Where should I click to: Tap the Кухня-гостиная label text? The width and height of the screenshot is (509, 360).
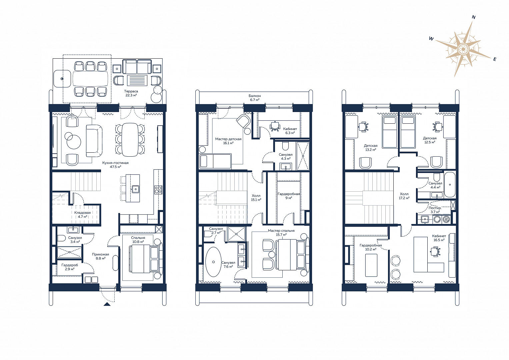click(115, 163)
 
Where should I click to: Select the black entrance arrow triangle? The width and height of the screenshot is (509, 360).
click(107, 304)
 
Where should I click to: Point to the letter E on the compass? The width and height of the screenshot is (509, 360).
click(495, 59)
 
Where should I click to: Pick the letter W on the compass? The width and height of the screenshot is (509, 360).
click(431, 39)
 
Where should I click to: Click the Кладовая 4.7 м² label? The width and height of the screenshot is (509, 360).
click(82, 215)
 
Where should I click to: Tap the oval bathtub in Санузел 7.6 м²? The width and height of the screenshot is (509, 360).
click(213, 262)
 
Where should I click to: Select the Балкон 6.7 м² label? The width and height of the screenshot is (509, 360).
click(255, 98)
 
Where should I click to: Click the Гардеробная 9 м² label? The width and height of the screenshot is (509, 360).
click(289, 196)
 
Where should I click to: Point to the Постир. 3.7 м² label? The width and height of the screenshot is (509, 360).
click(435, 210)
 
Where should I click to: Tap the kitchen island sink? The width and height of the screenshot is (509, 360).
click(135, 189)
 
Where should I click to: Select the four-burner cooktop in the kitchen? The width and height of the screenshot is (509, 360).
click(158, 190)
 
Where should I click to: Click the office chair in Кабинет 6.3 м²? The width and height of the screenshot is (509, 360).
click(275, 126)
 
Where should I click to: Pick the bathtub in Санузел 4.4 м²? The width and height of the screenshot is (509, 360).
click(450, 185)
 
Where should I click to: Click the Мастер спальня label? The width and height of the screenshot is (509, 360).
click(281, 230)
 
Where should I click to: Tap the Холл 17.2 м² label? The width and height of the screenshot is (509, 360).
click(404, 196)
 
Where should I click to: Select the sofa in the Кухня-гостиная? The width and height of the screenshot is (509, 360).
click(94, 141)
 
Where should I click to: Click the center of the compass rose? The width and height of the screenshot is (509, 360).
click(462, 49)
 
